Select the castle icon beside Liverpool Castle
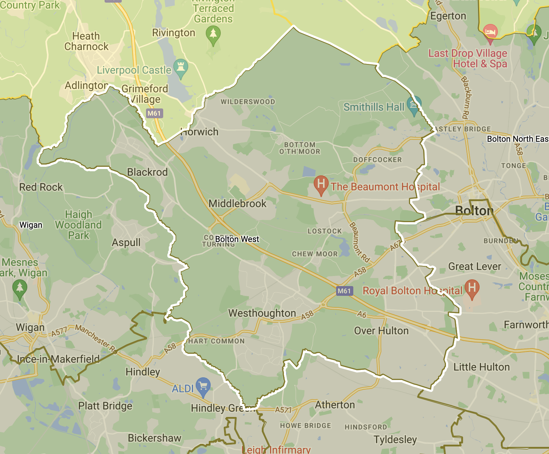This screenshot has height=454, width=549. (181, 68)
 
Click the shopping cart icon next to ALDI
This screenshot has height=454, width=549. (203, 386)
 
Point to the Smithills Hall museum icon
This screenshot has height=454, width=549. (414, 104)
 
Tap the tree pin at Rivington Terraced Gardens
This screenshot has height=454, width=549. (213, 34)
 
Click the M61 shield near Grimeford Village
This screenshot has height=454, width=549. (154, 113)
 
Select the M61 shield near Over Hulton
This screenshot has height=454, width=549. (344, 291)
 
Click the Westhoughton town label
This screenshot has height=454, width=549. (262, 313)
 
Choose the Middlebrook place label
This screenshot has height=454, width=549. (238, 203)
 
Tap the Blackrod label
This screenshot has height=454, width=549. (148, 172)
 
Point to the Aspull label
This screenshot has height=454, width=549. (126, 242)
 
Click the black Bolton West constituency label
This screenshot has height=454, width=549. (237, 239)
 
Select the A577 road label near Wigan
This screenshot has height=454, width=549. (59, 332)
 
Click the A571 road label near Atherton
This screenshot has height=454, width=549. (283, 410)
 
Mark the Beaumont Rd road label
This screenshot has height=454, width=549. (359, 242)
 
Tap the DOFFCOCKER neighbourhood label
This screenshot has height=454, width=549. (377, 160)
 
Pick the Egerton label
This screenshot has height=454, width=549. (448, 16)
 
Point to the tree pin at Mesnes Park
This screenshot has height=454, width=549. (20, 288)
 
